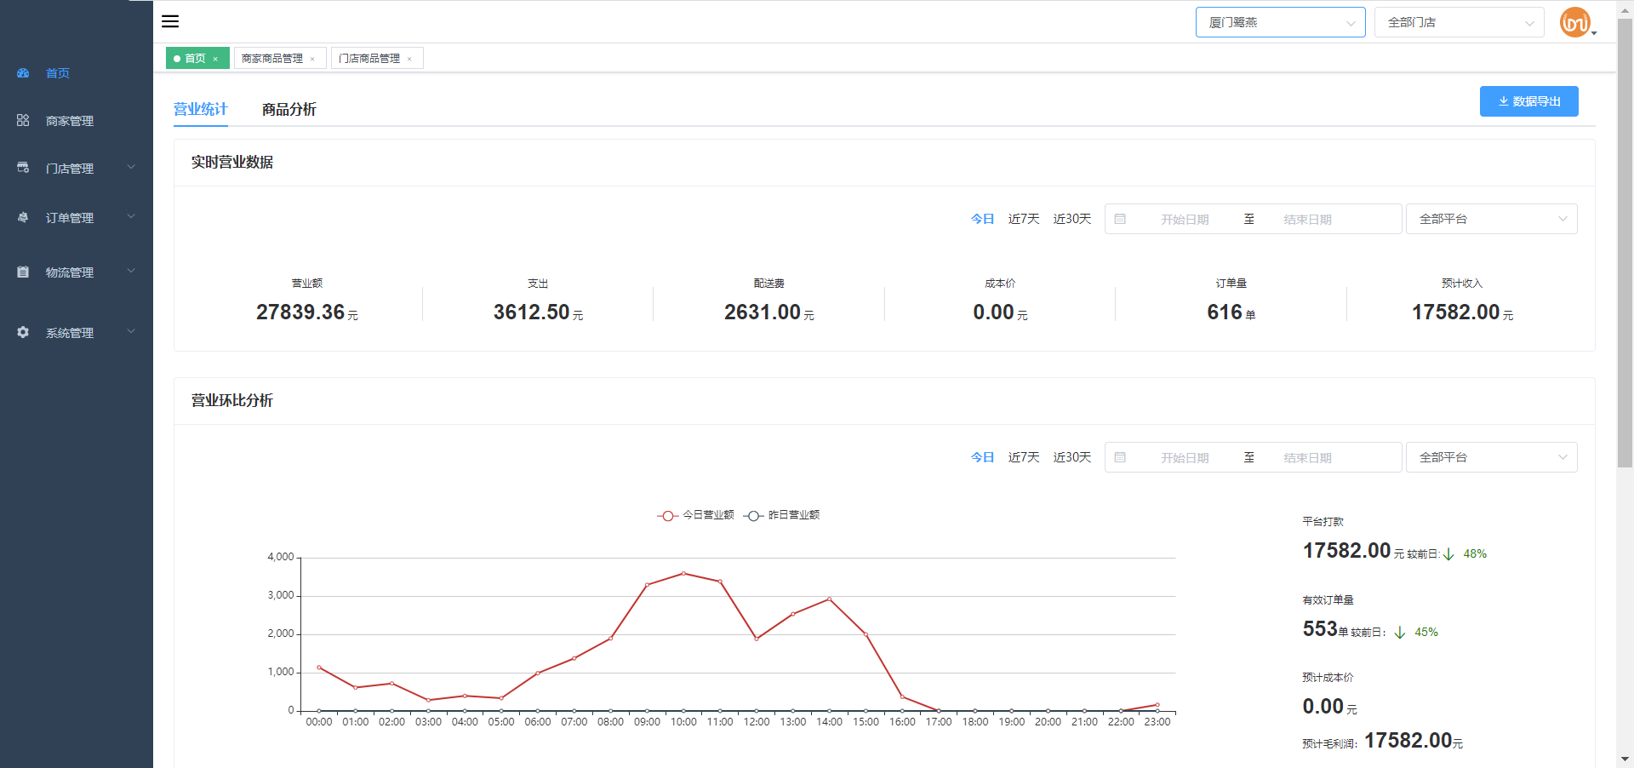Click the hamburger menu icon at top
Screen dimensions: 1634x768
(x=170, y=21)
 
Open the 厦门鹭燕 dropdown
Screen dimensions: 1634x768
(x=1280, y=22)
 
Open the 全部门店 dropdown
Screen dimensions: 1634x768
(x=1459, y=22)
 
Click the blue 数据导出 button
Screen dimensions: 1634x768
(x=1528, y=101)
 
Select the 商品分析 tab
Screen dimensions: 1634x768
(x=289, y=109)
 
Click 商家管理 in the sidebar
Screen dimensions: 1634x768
(x=70, y=121)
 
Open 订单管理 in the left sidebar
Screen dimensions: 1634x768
(x=70, y=218)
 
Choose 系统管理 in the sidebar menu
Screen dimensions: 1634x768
(x=70, y=333)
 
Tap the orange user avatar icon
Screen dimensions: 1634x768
(x=1575, y=22)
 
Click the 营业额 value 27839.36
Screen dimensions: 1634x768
(x=300, y=312)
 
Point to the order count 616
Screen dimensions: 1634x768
(x=1225, y=312)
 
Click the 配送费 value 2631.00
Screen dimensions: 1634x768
(x=763, y=312)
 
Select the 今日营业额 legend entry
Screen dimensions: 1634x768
(x=696, y=515)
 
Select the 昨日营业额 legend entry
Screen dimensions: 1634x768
(x=781, y=515)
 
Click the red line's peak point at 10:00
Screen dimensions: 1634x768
(x=683, y=573)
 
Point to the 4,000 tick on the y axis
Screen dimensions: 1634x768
(x=281, y=557)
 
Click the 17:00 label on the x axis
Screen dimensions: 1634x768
(x=939, y=722)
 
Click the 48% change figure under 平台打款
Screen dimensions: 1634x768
(x=1475, y=553)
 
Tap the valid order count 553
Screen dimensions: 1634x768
(x=1320, y=629)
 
